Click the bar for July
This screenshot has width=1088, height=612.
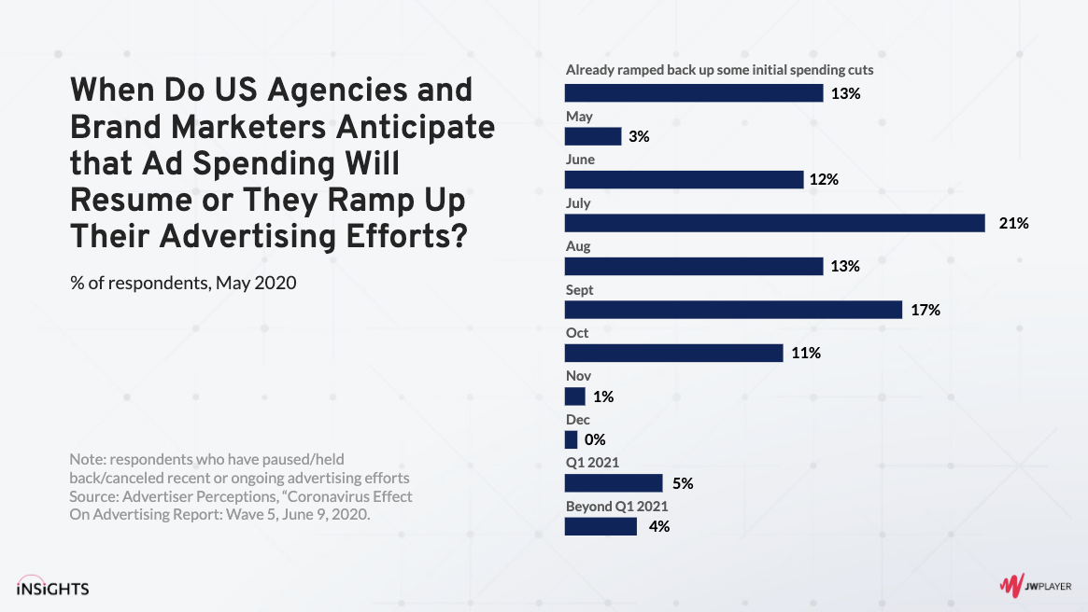tap(775, 223)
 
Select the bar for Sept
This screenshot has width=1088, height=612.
tap(733, 310)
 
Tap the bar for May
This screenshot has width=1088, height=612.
tap(593, 136)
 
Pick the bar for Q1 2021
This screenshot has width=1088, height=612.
tap(614, 482)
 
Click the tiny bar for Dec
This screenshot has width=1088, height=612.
tap(572, 439)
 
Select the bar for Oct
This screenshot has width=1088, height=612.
tap(674, 353)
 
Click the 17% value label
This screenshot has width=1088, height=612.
tap(926, 310)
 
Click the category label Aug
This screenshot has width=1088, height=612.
tap(578, 246)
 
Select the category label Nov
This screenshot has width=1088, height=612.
tap(578, 376)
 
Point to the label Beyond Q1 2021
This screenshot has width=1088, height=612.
tap(616, 506)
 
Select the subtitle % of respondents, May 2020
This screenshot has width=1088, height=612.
tap(183, 282)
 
